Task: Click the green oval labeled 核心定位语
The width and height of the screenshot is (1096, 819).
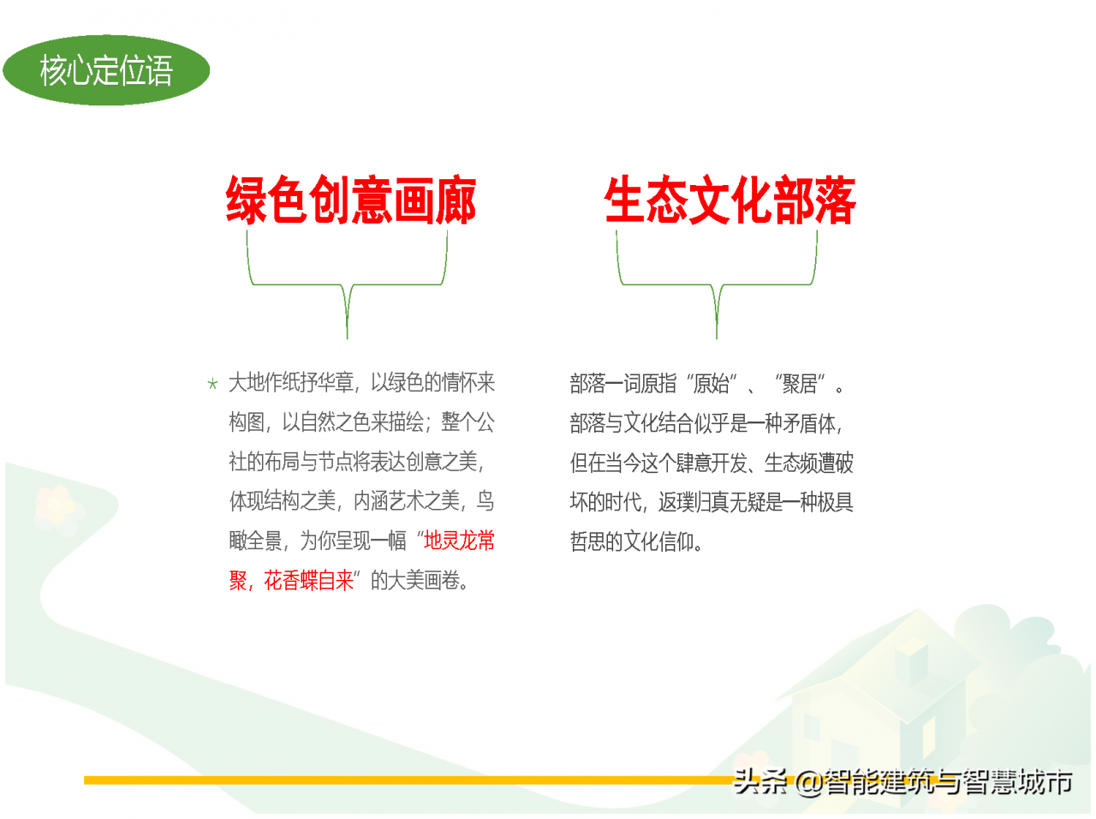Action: [x=106, y=70]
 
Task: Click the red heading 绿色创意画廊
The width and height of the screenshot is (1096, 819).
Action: [x=350, y=200]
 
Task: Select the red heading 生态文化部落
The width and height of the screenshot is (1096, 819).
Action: [x=730, y=200]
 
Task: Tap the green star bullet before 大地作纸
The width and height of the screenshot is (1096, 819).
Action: [x=212, y=384]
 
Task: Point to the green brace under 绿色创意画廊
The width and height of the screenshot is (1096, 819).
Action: [x=347, y=285]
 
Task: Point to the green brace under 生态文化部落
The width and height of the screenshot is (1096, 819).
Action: [x=717, y=285]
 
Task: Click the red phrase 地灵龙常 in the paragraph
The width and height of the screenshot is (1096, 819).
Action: [x=459, y=541]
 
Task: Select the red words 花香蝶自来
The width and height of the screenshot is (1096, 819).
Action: [x=308, y=581]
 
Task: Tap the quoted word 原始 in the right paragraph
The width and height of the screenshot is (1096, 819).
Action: [x=712, y=384]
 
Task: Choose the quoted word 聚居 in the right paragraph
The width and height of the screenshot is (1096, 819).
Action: [x=800, y=384]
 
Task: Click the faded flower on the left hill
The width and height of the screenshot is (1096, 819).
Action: [x=55, y=505]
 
